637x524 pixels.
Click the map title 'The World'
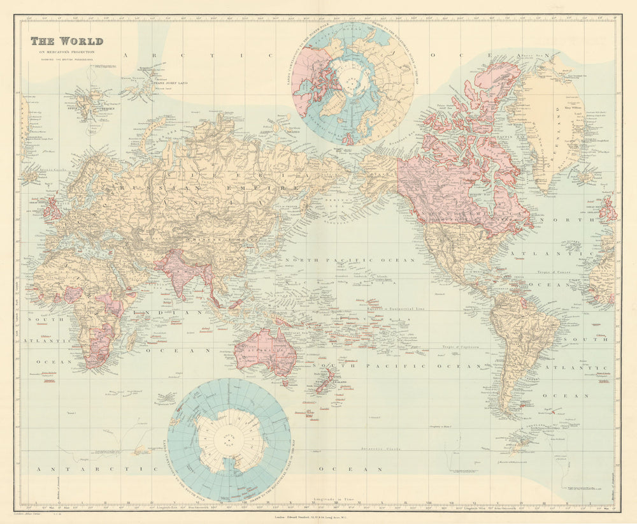67,41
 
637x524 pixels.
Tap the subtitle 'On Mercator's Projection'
64,52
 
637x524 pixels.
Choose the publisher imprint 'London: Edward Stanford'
318,517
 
